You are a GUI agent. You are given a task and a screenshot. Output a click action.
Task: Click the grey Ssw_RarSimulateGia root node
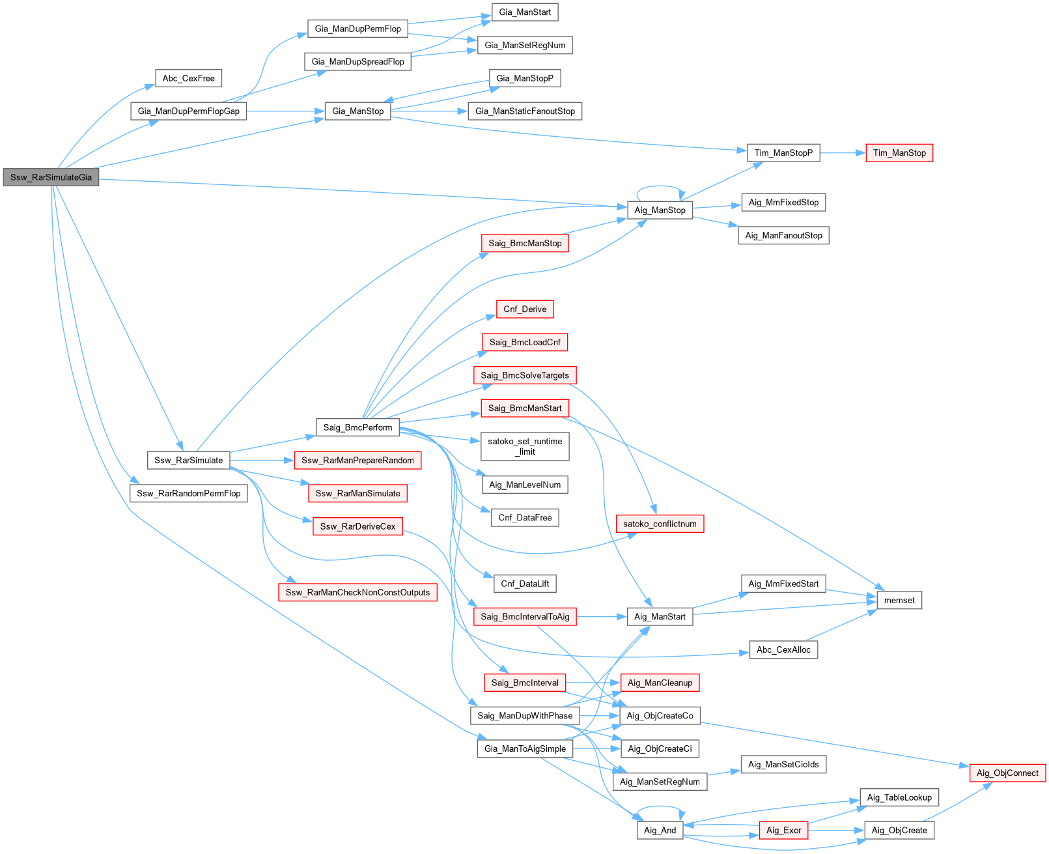[51, 177]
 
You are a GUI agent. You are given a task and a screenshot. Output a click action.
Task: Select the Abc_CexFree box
[188, 78]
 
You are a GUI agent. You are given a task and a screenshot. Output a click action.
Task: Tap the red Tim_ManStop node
[899, 153]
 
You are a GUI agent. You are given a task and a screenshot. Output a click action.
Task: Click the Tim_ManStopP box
[783, 153]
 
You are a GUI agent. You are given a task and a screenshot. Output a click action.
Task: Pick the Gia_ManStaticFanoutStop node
[525, 111]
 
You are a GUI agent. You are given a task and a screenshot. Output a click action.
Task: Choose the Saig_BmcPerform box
[357, 427]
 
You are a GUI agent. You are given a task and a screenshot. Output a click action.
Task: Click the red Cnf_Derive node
[525, 309]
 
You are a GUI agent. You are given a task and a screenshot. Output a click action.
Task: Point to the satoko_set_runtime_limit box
[525, 446]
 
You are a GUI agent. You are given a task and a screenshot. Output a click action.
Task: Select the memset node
[899, 601]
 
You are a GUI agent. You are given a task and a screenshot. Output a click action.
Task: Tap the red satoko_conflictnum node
[660, 524]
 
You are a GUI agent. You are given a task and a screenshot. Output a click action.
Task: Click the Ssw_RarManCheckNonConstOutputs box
[357, 592]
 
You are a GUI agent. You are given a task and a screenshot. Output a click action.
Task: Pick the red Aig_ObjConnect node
[1007, 773]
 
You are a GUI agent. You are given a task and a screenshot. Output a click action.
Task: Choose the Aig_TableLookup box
[899, 797]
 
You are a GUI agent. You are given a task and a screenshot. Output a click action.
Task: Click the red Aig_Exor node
[783, 831]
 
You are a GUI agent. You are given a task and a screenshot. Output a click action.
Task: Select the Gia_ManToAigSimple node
[525, 748]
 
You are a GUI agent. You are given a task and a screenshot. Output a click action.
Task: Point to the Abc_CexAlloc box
[783, 649]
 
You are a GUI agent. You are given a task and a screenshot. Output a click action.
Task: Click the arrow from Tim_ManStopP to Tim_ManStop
[843, 153]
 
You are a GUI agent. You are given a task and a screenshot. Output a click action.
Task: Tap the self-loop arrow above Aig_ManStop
[659, 186]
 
